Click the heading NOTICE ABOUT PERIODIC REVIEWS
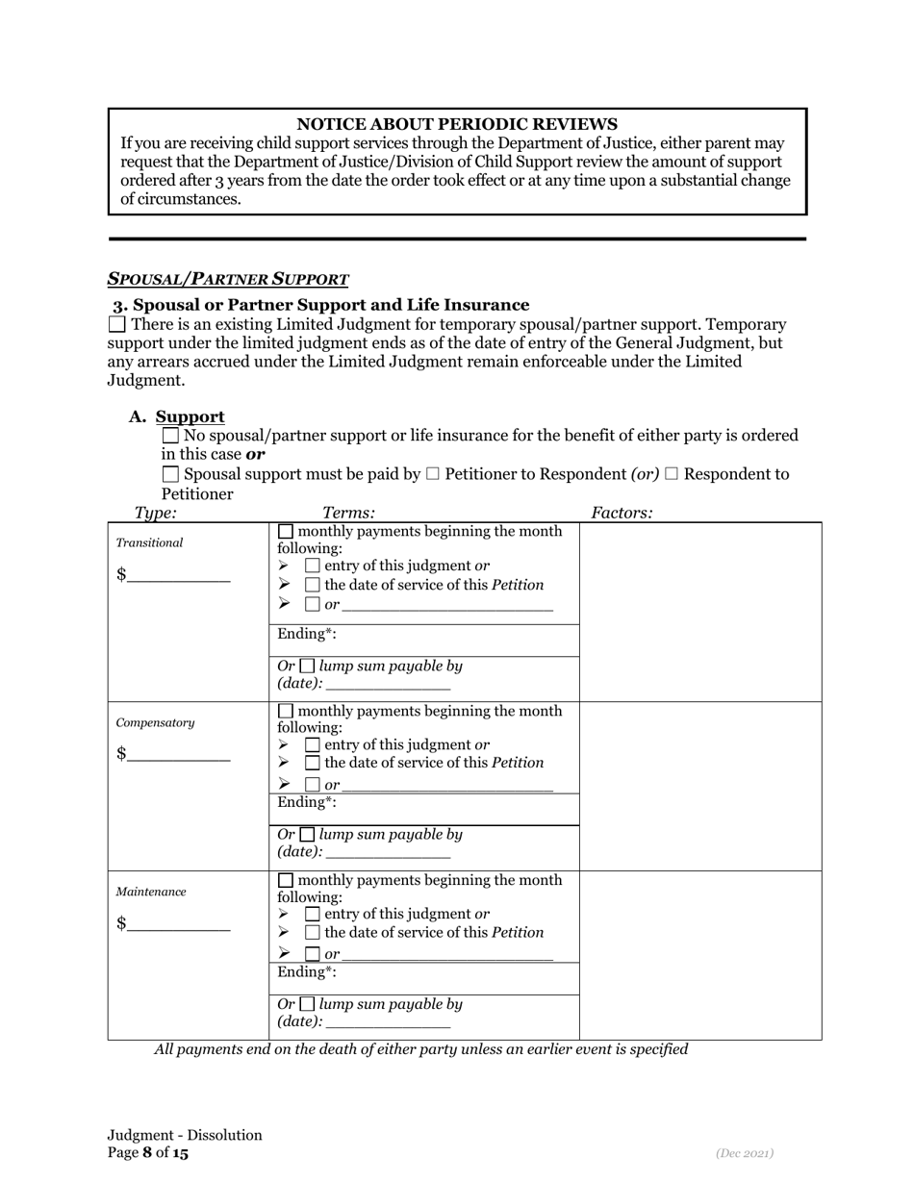pos(456,124)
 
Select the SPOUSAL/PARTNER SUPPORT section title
pos(228,280)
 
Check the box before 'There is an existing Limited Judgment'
pos(116,325)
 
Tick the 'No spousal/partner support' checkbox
pos(171,436)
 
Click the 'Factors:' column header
pos(622,514)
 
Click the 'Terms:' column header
pos(348,514)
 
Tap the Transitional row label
pos(149,542)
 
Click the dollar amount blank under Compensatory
pos(178,755)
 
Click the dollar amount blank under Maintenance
pos(178,925)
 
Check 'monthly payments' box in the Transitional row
pos(286,532)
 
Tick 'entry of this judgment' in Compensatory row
pos(312,745)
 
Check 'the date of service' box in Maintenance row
pos(312,933)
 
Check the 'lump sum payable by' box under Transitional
pos(306,666)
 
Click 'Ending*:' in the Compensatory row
pos(307,802)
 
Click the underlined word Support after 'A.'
pos(190,416)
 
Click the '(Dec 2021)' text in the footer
pos(745,1152)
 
